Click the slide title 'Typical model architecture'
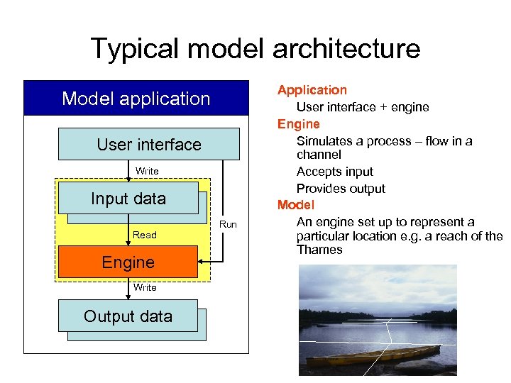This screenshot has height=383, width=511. (255, 49)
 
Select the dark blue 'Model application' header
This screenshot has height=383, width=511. (136, 99)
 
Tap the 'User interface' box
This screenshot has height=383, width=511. (149, 145)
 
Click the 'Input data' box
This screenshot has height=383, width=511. (128, 199)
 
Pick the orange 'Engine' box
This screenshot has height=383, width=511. (128, 262)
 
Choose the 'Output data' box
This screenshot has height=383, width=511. (128, 316)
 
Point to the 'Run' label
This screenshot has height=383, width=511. (228, 225)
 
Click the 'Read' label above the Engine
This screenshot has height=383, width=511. (145, 235)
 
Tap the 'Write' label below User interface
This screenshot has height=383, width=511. (147, 172)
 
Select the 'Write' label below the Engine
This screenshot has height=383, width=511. (145, 287)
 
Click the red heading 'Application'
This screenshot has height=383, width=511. (312, 90)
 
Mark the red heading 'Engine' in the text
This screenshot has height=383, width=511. (298, 124)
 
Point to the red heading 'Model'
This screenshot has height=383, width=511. (295, 205)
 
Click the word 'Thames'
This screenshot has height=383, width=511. (319, 250)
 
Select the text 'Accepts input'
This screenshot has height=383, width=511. (334, 172)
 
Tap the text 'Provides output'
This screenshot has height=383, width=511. (341, 189)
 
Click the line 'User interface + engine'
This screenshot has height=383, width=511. (363, 107)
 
